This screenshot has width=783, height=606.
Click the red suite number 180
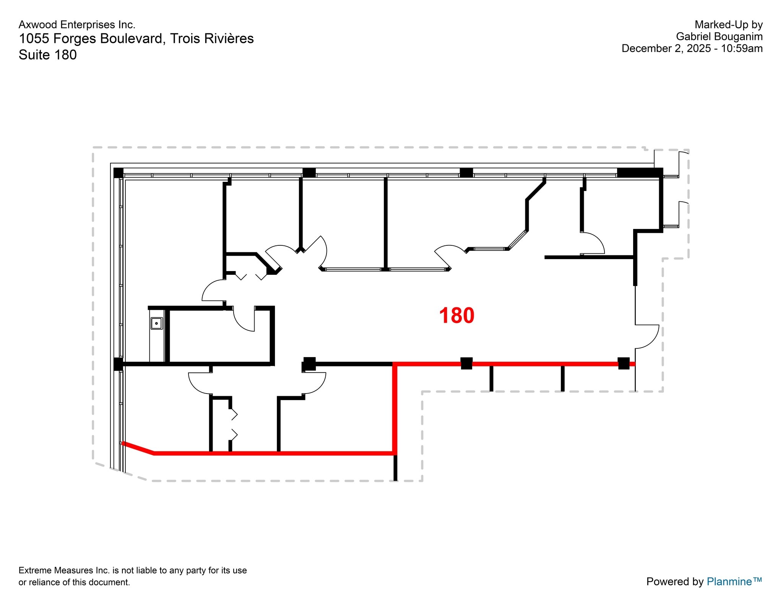click(x=456, y=316)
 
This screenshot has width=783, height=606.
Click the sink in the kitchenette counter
click(x=156, y=323)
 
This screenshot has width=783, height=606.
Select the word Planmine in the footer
click(x=729, y=581)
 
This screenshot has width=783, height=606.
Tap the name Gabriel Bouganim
click(x=719, y=37)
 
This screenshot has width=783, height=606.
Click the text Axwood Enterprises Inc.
click(x=77, y=25)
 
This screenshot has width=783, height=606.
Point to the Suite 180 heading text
click(x=48, y=55)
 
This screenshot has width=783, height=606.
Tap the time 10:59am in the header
click(x=742, y=49)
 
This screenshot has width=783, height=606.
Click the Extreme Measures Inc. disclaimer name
click(x=64, y=570)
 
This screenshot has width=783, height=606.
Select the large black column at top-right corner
click(x=640, y=173)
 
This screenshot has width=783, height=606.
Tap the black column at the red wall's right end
click(x=624, y=363)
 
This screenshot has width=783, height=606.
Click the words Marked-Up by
click(x=728, y=25)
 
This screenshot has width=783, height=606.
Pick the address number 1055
click(x=34, y=39)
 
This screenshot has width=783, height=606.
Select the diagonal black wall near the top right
click(x=535, y=191)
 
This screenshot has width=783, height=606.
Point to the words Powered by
click(x=675, y=581)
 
